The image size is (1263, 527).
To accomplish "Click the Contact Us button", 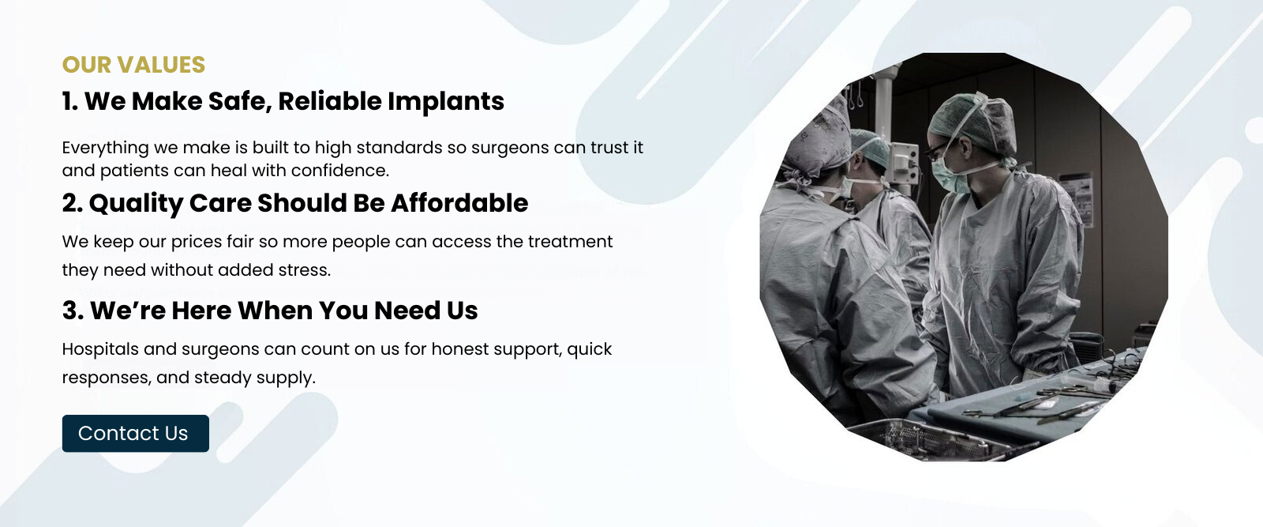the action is tap(135, 433).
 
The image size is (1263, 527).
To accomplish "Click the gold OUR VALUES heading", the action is tap(133, 65).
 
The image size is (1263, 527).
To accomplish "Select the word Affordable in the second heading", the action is tap(459, 203).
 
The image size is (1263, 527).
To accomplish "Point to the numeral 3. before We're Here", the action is tap(73, 311).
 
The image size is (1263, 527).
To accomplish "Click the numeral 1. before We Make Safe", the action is tap(70, 102).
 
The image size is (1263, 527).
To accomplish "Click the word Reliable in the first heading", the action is tap(328, 102).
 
